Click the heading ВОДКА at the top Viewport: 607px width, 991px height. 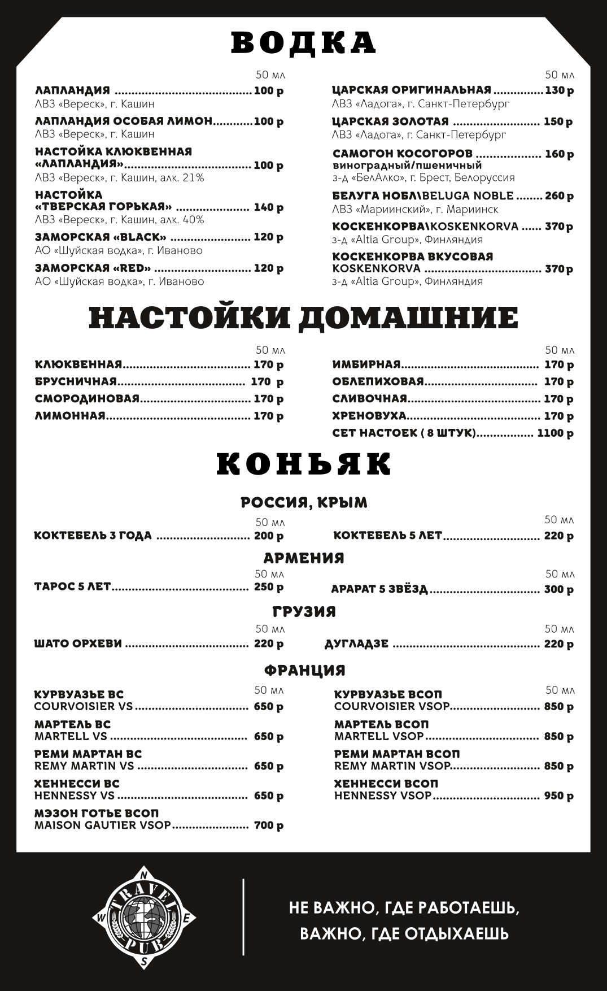point(303,43)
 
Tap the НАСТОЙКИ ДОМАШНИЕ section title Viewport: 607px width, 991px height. point(303,318)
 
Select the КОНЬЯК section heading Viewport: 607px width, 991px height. point(303,464)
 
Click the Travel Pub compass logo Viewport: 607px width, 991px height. point(145,916)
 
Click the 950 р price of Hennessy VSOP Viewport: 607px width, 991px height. point(558,796)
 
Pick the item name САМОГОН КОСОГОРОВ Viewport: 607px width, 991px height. point(403,154)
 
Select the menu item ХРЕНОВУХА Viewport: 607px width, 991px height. point(369,416)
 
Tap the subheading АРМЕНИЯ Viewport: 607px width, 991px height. point(304,558)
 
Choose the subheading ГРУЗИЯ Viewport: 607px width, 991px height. point(304,612)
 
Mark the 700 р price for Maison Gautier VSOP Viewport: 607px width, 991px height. point(269,825)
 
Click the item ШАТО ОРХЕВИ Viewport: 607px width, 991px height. point(78,644)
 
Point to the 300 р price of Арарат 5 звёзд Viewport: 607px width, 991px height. point(558,590)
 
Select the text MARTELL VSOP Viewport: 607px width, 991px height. point(378,736)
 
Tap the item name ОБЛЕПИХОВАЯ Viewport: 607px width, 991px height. point(378,382)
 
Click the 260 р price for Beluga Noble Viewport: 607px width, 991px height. point(559,196)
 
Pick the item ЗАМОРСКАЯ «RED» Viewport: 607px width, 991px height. point(93,268)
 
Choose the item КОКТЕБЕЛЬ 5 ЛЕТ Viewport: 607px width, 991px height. point(387,535)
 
